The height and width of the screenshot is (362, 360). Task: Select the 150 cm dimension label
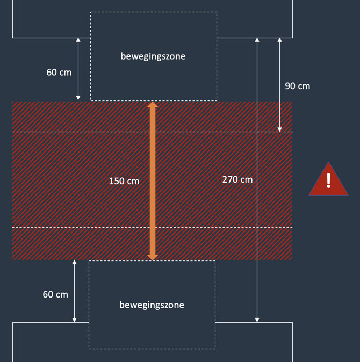[x=124, y=181]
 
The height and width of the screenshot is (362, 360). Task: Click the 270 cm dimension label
[x=237, y=179]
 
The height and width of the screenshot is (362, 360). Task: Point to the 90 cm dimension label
[x=297, y=86]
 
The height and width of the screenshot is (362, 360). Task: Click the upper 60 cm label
[x=59, y=71]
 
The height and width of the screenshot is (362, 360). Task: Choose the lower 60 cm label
[x=55, y=294]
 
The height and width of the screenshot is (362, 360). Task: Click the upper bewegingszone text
[x=153, y=56]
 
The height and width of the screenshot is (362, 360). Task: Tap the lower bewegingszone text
[x=152, y=305]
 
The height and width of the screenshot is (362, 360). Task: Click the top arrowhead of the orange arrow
[x=153, y=105]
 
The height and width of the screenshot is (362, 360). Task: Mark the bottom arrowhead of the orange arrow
[x=153, y=257]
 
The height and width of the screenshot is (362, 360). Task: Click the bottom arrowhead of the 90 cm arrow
[x=279, y=129]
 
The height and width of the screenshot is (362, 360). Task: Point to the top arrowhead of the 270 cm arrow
[x=257, y=40]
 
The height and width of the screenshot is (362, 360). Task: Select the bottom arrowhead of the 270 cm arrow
[x=257, y=320]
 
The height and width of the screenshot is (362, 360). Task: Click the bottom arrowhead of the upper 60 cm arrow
[x=78, y=98]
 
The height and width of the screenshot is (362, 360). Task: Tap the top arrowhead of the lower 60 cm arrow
[x=74, y=263]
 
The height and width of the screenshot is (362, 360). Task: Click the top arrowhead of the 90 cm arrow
[x=279, y=40]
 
